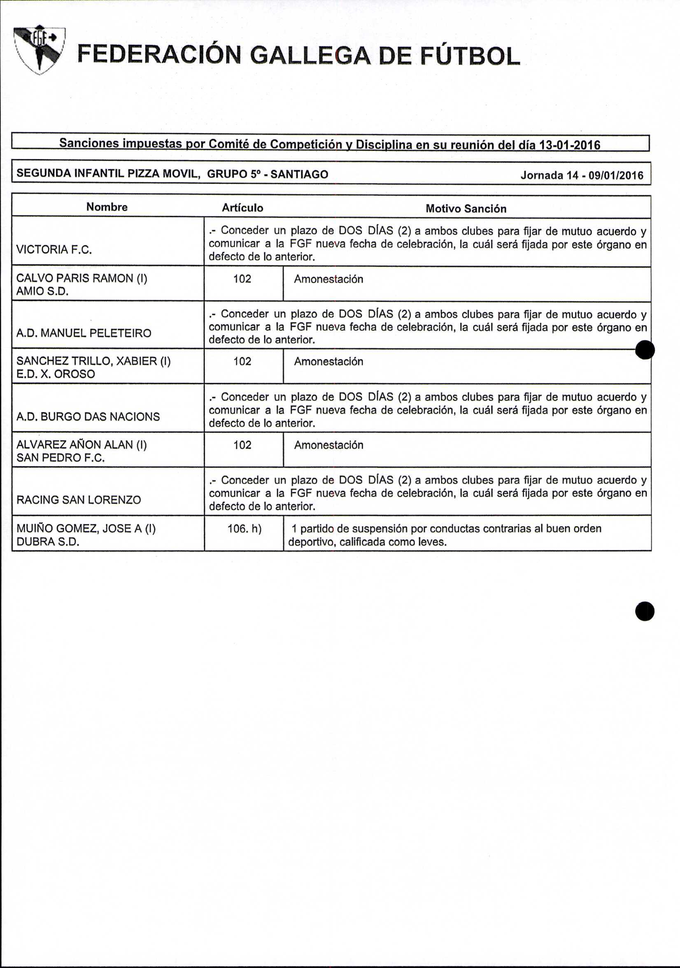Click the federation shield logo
coord(39,50)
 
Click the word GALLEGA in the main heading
coord(310,56)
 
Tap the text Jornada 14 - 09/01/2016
coord(582,175)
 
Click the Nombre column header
coord(107,207)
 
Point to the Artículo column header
coord(242,208)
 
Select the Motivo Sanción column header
coord(466,209)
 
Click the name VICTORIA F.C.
coord(54,249)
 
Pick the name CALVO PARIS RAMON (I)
coord(82,278)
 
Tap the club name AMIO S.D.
coord(42,291)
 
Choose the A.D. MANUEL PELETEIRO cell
coord(84,333)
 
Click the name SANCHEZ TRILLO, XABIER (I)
coord(93,361)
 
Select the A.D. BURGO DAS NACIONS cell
coord(88,417)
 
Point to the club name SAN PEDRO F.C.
coord(60,458)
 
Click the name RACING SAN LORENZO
coord(78,500)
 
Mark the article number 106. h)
coord(244,529)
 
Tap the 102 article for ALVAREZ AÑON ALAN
coord(242,445)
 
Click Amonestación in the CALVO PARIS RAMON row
coord(328,279)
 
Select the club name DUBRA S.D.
coord(48,542)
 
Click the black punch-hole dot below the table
coord(645,611)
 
